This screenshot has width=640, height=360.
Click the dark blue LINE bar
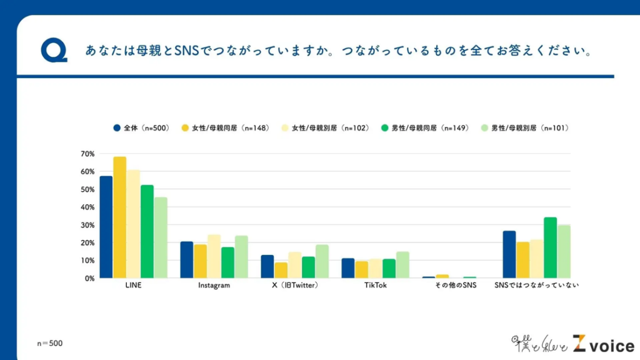106,227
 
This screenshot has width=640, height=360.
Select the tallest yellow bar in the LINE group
120,217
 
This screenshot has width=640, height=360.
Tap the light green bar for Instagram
241,257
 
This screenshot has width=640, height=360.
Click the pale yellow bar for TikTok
375,268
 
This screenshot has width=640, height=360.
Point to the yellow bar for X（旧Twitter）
281,270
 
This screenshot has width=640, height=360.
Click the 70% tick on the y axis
87,154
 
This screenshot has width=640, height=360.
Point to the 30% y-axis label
87,225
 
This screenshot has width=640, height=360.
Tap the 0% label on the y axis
89,278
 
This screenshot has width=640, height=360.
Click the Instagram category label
214,286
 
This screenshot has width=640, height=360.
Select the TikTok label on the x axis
375,286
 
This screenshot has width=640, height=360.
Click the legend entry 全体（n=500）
141,128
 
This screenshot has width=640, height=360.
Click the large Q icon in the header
54,51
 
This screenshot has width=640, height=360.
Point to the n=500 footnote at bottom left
49,343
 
